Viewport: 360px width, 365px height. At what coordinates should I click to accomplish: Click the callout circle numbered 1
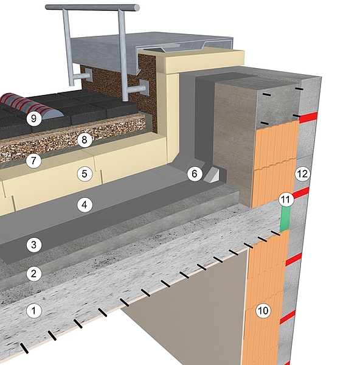coord(33,310)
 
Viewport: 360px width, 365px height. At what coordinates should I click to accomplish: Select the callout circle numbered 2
coord(33,274)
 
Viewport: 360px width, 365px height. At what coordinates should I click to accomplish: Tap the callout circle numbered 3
coord(33,245)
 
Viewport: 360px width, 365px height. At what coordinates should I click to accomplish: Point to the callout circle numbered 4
coord(85,205)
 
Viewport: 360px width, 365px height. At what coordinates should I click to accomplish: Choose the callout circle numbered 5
coord(85,173)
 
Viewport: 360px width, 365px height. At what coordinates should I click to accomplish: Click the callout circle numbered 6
coord(195,173)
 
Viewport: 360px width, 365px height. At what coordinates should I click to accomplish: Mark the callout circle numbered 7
coord(33,161)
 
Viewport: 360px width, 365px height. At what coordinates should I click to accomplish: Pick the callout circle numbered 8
coord(85,140)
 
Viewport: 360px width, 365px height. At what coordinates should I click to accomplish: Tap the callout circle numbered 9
coord(33,119)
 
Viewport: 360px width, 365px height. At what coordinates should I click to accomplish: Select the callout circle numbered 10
coord(263,310)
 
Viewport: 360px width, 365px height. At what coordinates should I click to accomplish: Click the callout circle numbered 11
coord(286,200)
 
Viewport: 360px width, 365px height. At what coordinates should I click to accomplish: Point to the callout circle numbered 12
coord(302,173)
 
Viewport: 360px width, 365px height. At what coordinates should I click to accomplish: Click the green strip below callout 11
coord(285,219)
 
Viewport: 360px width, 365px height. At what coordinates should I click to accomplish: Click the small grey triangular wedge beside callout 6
coord(211,175)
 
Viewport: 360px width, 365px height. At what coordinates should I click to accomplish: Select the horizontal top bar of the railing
coord(92,7)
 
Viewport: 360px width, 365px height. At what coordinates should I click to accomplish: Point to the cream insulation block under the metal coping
coord(205,60)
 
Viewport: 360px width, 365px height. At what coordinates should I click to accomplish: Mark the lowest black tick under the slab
coord(24,348)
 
